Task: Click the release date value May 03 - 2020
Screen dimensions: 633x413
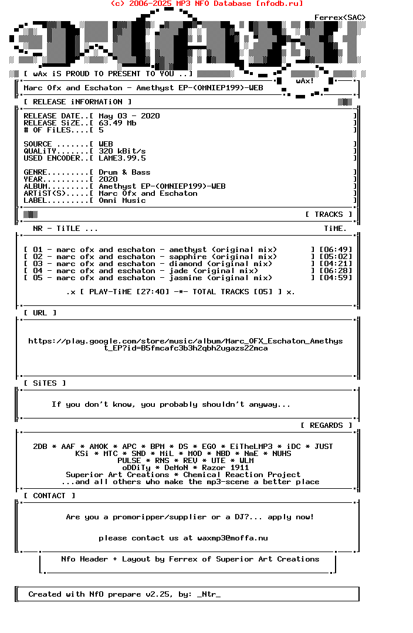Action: tap(129, 116)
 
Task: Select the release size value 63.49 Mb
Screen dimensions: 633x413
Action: tap(117, 123)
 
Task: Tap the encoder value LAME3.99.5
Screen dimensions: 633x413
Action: tap(122, 158)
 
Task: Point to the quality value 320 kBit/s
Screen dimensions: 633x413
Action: tap(122, 151)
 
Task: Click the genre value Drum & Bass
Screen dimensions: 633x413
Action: tap(124, 172)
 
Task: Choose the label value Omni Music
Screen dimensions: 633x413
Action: tap(122, 200)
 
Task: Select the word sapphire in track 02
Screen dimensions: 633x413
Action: tap(188, 257)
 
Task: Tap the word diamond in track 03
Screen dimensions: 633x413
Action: tap(185, 264)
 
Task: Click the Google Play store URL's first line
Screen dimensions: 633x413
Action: tap(185, 341)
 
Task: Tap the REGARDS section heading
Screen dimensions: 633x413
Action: tap(326, 426)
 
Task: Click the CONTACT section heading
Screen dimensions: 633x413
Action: tap(49, 496)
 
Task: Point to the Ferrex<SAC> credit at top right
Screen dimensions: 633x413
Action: tap(340, 18)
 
